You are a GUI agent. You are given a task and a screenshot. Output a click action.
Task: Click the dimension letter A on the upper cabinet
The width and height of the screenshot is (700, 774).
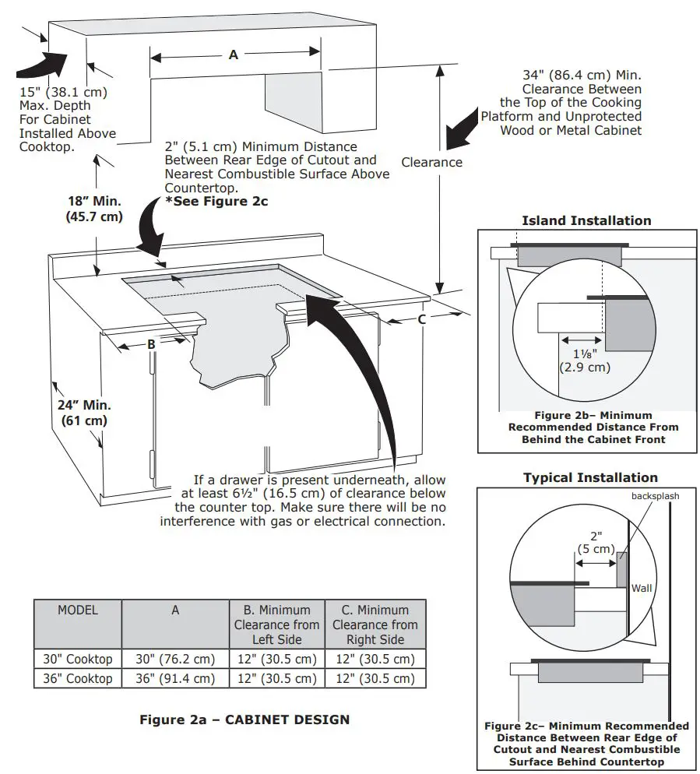[x=234, y=55]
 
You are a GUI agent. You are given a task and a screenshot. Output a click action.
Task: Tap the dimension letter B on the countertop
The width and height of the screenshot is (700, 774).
[x=152, y=343]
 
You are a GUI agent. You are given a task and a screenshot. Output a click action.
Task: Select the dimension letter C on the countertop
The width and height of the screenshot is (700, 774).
[x=422, y=318]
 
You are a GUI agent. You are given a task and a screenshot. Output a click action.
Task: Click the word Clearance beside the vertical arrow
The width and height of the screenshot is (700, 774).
[x=431, y=162]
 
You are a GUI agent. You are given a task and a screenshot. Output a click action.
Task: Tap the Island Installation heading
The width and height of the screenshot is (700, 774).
[x=586, y=220]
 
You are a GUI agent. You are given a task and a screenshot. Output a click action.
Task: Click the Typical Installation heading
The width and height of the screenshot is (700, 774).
[x=589, y=477]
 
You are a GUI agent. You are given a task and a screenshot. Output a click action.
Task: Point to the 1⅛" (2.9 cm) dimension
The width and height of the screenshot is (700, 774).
[x=584, y=360]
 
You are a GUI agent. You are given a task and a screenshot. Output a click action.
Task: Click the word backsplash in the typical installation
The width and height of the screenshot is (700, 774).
[x=653, y=496]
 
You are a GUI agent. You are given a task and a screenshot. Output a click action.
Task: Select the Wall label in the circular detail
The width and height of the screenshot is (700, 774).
[x=642, y=588]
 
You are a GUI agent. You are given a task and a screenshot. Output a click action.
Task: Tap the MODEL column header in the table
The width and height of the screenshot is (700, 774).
[x=78, y=610]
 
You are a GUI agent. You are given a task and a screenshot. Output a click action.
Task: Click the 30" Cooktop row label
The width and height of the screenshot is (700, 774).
[x=78, y=659]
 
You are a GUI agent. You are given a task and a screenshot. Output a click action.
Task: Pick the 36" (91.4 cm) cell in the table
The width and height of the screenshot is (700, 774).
[x=175, y=678]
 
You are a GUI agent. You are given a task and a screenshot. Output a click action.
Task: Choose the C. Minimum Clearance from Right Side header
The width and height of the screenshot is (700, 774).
[x=375, y=624]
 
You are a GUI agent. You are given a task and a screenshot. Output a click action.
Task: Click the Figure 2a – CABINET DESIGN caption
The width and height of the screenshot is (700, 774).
[x=244, y=719]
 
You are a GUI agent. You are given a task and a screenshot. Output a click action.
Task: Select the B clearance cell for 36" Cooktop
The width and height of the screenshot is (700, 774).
[x=275, y=678]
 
